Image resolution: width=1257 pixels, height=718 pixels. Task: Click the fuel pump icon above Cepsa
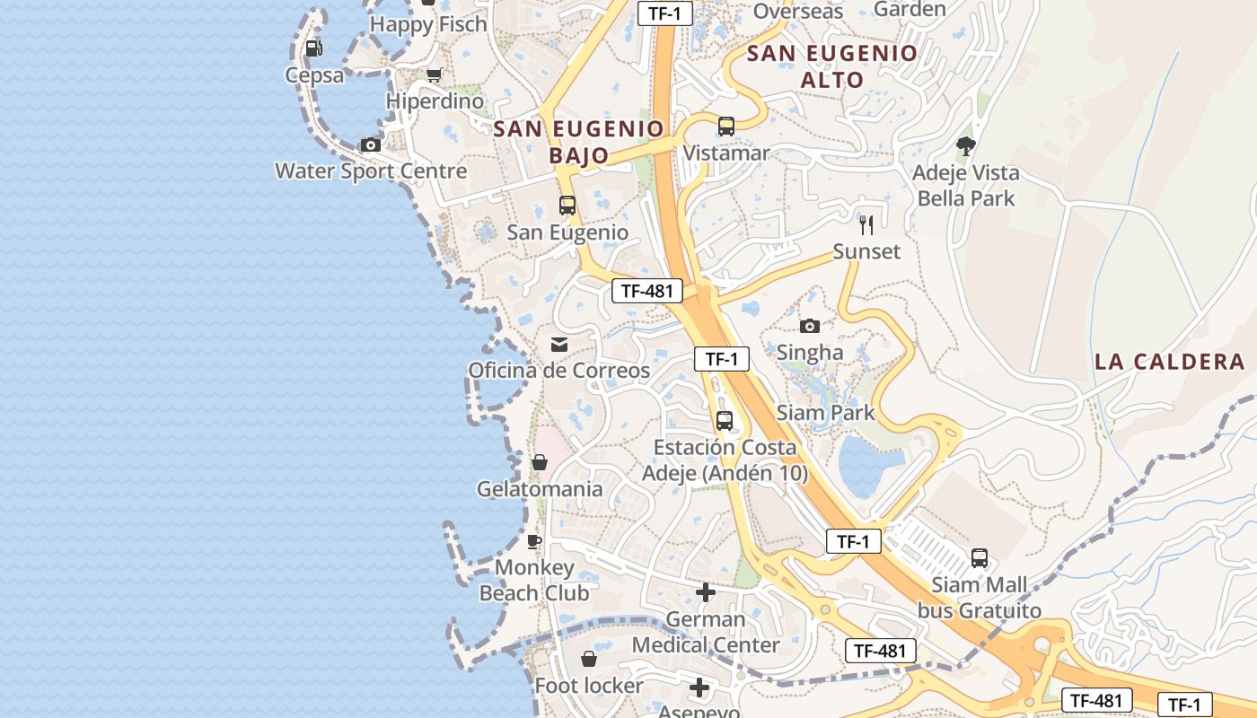[313, 48]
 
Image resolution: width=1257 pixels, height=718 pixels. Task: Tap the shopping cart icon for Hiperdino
[435, 74]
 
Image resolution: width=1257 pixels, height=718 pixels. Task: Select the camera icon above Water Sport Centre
[370, 144]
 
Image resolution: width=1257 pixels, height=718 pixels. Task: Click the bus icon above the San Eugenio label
[567, 206]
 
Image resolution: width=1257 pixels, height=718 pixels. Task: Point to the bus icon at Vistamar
[726, 127]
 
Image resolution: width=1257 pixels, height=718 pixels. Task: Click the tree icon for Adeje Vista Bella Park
[966, 145]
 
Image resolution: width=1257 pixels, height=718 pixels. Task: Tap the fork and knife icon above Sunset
[866, 224]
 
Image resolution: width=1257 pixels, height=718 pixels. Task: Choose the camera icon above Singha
[810, 326]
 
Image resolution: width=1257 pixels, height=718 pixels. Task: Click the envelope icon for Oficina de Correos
[559, 345]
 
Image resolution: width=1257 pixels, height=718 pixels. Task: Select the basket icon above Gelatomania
[540, 462]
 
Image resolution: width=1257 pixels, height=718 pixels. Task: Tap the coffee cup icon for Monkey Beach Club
[534, 541]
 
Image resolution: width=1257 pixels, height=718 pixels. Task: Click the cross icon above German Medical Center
[706, 592]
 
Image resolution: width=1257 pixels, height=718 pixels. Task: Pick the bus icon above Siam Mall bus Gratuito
[980, 558]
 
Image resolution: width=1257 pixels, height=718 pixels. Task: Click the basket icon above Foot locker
[589, 660]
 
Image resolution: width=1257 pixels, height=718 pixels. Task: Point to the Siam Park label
[825, 413]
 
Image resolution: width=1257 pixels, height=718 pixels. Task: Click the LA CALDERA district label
[1169, 362]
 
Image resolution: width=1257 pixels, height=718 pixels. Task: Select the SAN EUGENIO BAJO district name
[579, 142]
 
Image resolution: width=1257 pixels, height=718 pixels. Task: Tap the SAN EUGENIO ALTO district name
[832, 66]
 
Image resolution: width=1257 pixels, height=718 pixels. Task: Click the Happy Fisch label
[428, 24]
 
